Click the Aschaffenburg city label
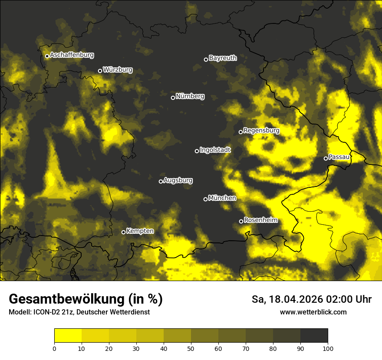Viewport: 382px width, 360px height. coord(72,55)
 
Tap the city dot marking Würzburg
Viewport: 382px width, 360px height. coord(100,71)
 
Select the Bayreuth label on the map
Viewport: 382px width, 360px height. coord(223,58)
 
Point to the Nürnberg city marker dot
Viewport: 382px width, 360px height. coord(173,98)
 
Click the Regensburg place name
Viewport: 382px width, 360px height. coord(261,130)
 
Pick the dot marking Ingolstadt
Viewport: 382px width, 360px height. coord(197,151)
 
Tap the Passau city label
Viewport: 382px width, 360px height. coord(339,157)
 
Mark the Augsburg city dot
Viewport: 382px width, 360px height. coord(161,181)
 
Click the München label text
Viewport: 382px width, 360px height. coord(222,198)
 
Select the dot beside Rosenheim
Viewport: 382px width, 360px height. coord(241,222)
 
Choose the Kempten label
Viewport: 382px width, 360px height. coord(140,231)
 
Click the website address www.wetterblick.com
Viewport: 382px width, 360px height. coord(313,312)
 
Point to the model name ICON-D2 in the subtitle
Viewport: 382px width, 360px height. coord(47,312)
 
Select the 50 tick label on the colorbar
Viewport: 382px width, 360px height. coord(191,348)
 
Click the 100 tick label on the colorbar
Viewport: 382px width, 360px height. coord(327,348)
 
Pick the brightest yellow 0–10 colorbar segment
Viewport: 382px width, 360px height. coord(68,336)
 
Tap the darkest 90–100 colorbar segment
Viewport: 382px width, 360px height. coord(314,336)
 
